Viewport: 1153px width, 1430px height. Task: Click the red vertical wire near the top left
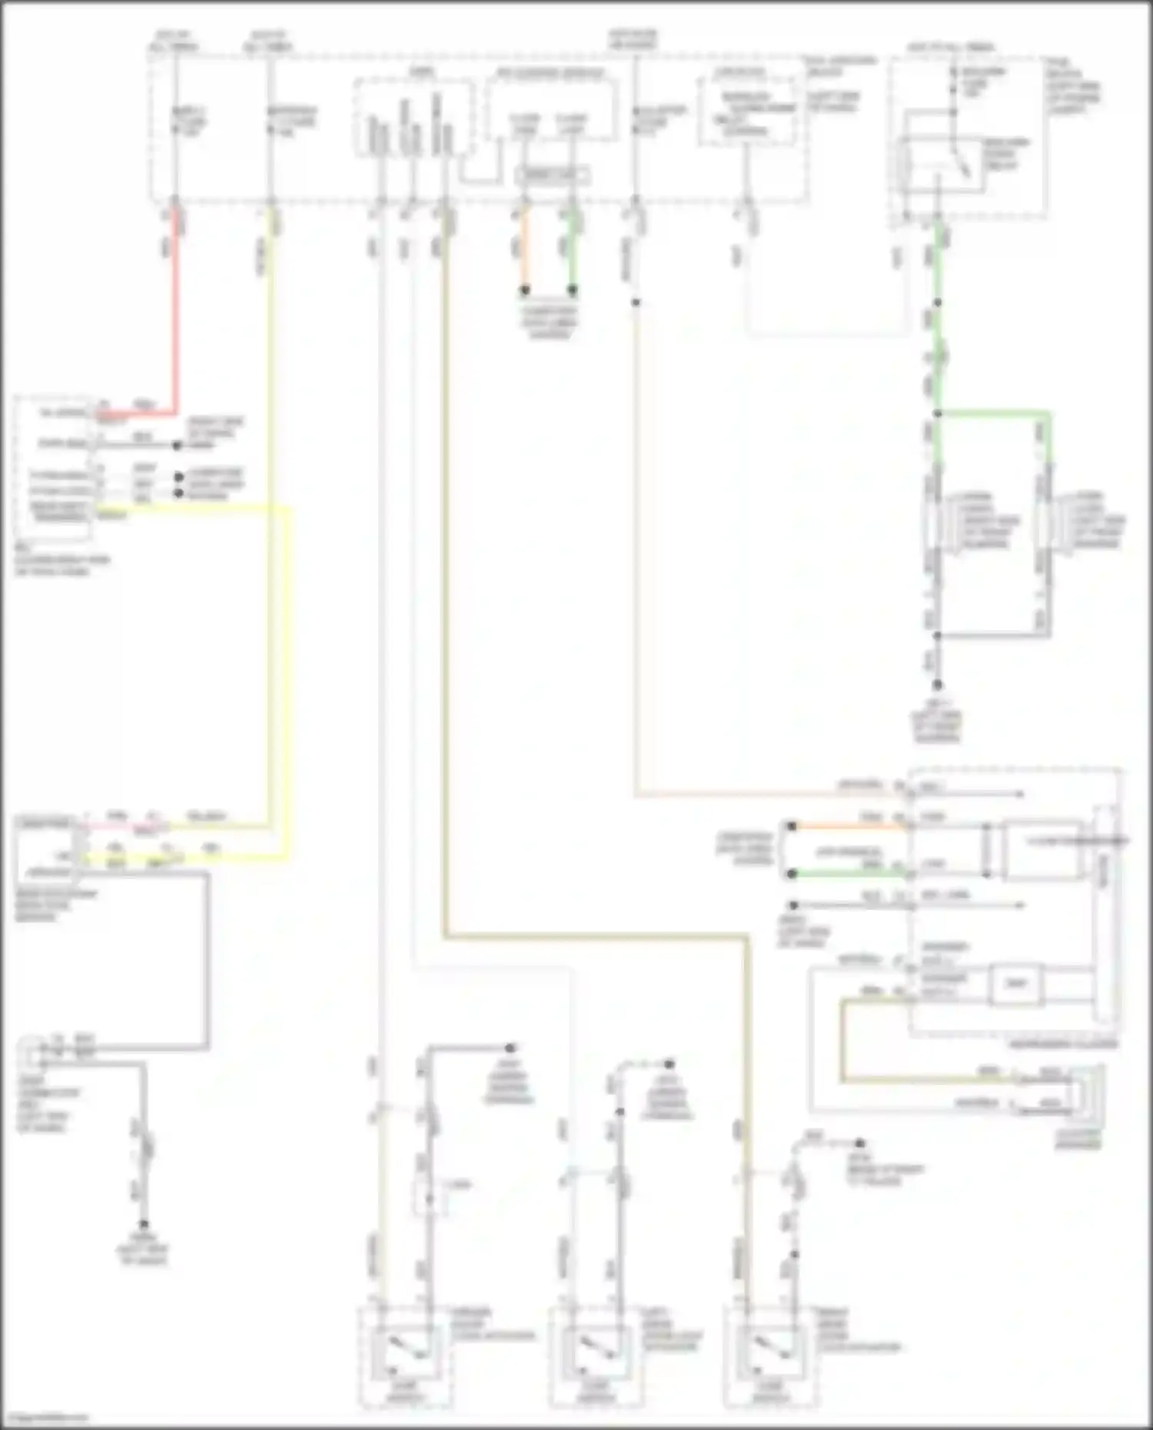pyautogui.click(x=176, y=323)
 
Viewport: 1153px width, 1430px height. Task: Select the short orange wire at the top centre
pyautogui.click(x=524, y=250)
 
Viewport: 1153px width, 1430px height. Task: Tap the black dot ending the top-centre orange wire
pyautogui.click(x=525, y=290)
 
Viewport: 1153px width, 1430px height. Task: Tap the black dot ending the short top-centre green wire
pyautogui.click(x=572, y=290)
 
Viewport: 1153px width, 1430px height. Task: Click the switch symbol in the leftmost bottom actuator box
pyautogui.click(x=400, y=1350)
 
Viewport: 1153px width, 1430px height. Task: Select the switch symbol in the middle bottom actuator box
pyautogui.click(x=593, y=1350)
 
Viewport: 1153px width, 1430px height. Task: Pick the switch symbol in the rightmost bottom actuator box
pyautogui.click(x=768, y=1350)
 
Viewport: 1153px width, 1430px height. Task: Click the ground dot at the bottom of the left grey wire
pyautogui.click(x=144, y=1225)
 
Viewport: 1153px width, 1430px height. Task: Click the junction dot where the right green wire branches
pyautogui.click(x=937, y=413)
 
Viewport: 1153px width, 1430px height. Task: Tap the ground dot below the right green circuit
pyautogui.click(x=937, y=685)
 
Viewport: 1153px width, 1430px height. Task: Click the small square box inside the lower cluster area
pyautogui.click(x=1016, y=984)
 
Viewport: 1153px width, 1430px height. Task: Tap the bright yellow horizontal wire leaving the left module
pyautogui.click(x=192, y=507)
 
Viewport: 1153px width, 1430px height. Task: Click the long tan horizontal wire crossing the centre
pyautogui.click(x=596, y=937)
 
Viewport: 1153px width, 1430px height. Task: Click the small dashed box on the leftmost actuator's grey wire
pyautogui.click(x=430, y=1196)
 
